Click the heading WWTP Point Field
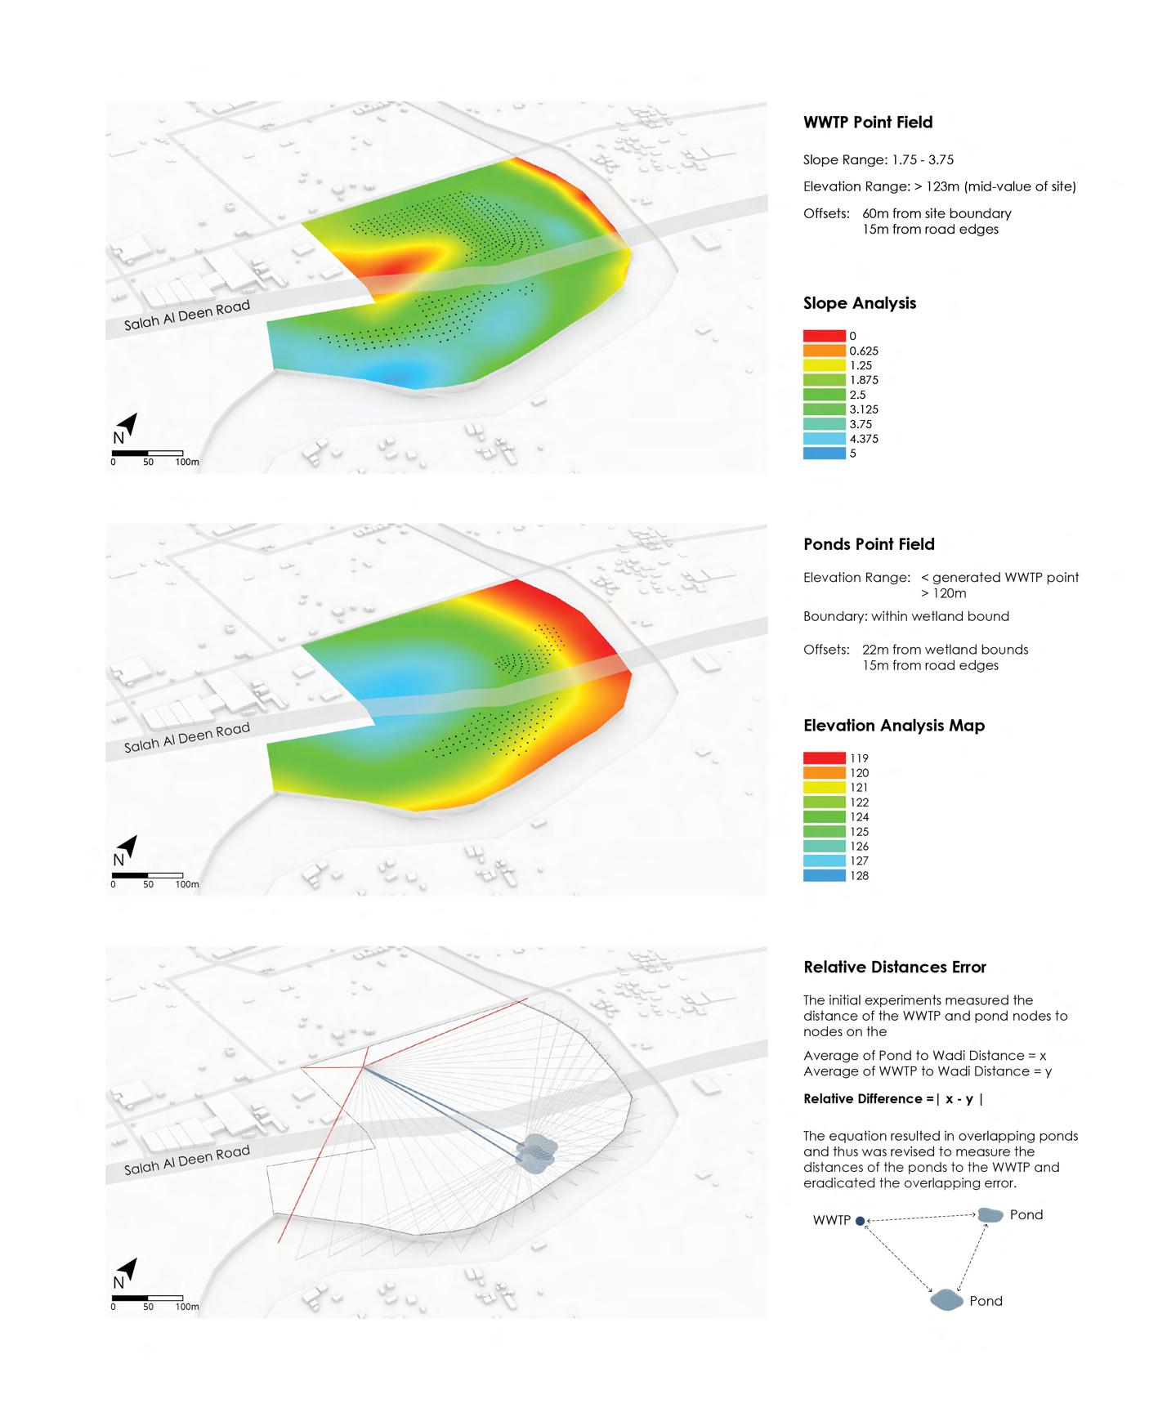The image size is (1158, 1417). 868,123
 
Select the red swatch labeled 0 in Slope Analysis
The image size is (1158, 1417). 824,336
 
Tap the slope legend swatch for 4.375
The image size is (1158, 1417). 824,439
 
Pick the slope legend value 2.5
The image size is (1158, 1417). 857,395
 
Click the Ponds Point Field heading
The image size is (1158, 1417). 869,544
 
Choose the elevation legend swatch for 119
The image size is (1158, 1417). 824,758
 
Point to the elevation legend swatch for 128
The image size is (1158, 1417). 824,876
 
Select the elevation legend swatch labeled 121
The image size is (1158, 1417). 824,788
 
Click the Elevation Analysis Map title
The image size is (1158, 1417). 894,726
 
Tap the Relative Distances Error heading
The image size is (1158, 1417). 895,968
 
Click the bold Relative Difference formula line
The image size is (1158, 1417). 893,1099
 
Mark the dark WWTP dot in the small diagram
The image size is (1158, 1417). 860,1220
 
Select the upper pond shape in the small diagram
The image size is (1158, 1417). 990,1215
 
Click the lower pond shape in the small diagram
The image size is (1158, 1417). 946,1299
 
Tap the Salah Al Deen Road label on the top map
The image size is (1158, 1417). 186,315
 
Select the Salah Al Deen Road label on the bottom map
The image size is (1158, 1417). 186,1160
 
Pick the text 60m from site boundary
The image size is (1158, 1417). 937,213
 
